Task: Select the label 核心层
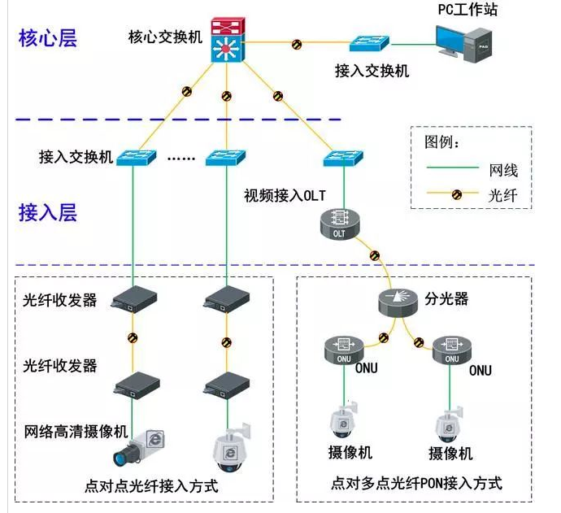pyautogui.click(x=48, y=38)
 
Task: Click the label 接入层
pyautogui.click(x=48, y=213)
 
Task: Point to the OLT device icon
pyautogui.click(x=340, y=224)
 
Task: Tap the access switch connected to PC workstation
pyautogui.click(x=372, y=43)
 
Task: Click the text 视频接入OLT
pyautogui.click(x=285, y=196)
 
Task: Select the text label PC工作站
pyautogui.click(x=467, y=11)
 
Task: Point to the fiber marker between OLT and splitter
pyautogui.click(x=375, y=255)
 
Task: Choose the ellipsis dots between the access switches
pyautogui.click(x=181, y=158)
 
